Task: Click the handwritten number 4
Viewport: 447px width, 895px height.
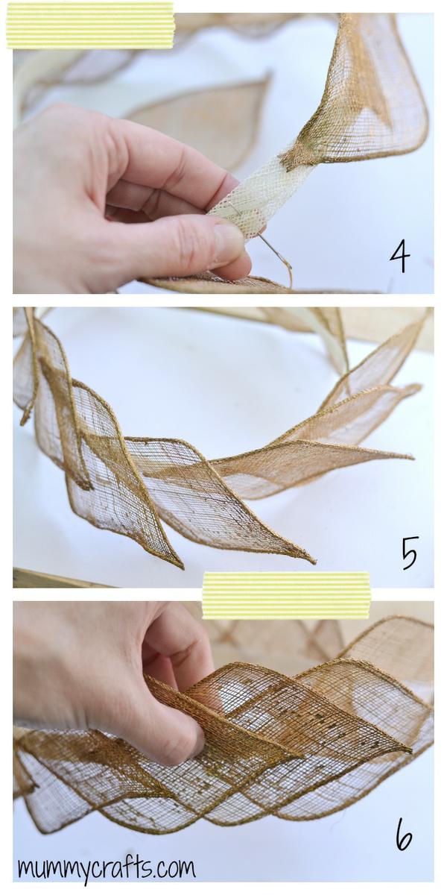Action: point(399,258)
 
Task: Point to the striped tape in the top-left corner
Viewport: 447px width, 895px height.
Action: point(91,25)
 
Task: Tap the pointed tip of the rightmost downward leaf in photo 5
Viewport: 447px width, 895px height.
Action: point(314,562)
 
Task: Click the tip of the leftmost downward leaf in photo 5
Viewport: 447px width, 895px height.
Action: point(182,568)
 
